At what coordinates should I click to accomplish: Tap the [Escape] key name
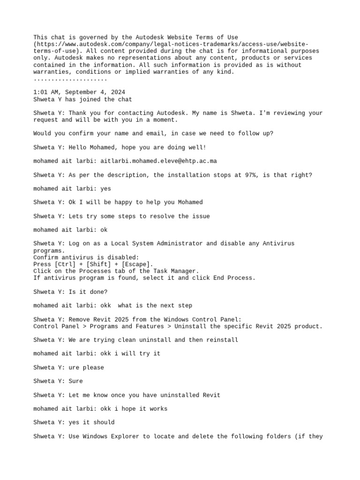click(x=135, y=264)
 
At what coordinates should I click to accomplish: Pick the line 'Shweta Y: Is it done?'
click(x=70, y=292)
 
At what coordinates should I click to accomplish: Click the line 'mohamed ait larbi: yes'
click(x=72, y=188)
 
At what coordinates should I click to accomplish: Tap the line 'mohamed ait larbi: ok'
click(x=70, y=230)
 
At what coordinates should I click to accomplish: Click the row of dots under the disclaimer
click(x=70, y=79)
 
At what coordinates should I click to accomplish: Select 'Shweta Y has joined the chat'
click(x=82, y=99)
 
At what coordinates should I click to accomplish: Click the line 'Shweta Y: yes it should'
click(x=74, y=422)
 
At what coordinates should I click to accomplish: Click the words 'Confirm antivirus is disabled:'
click(x=86, y=257)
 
